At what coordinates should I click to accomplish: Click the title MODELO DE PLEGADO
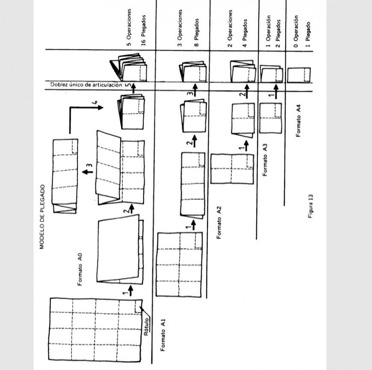(x=42, y=217)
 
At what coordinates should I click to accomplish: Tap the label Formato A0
(x=80, y=269)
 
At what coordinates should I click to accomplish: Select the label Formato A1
(x=163, y=335)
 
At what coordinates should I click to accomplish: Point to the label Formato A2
(x=219, y=223)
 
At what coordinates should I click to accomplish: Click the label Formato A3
(x=265, y=160)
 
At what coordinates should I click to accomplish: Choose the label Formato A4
(x=298, y=120)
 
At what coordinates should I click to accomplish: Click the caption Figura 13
(x=311, y=206)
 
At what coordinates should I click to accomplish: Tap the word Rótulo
(x=146, y=327)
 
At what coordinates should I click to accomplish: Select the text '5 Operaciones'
(x=129, y=27)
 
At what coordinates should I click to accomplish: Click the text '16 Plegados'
(x=143, y=30)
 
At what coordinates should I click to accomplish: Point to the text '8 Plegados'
(x=196, y=32)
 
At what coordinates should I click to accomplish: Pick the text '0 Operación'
(x=295, y=31)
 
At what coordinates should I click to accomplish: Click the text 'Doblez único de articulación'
(x=86, y=85)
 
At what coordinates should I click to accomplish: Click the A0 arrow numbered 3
(x=87, y=172)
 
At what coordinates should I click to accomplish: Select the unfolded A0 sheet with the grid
(x=95, y=330)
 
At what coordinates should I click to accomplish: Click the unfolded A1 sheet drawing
(x=179, y=264)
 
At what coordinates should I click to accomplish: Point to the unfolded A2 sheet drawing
(x=232, y=169)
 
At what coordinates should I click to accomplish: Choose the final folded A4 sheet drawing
(x=299, y=75)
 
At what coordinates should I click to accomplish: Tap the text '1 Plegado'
(x=308, y=35)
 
